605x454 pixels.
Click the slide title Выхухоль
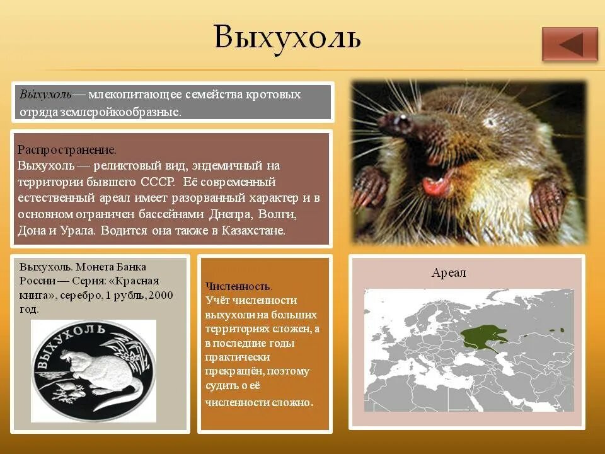point(287,37)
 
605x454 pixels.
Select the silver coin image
point(93,371)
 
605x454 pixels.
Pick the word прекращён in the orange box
point(234,372)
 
